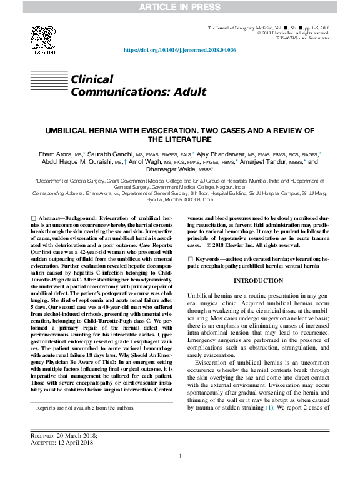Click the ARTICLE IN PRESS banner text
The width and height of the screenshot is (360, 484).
click(179, 7)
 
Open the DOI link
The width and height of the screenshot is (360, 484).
click(180, 50)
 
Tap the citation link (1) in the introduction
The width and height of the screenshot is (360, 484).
click(270, 425)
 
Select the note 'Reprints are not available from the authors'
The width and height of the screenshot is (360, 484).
click(86, 408)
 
